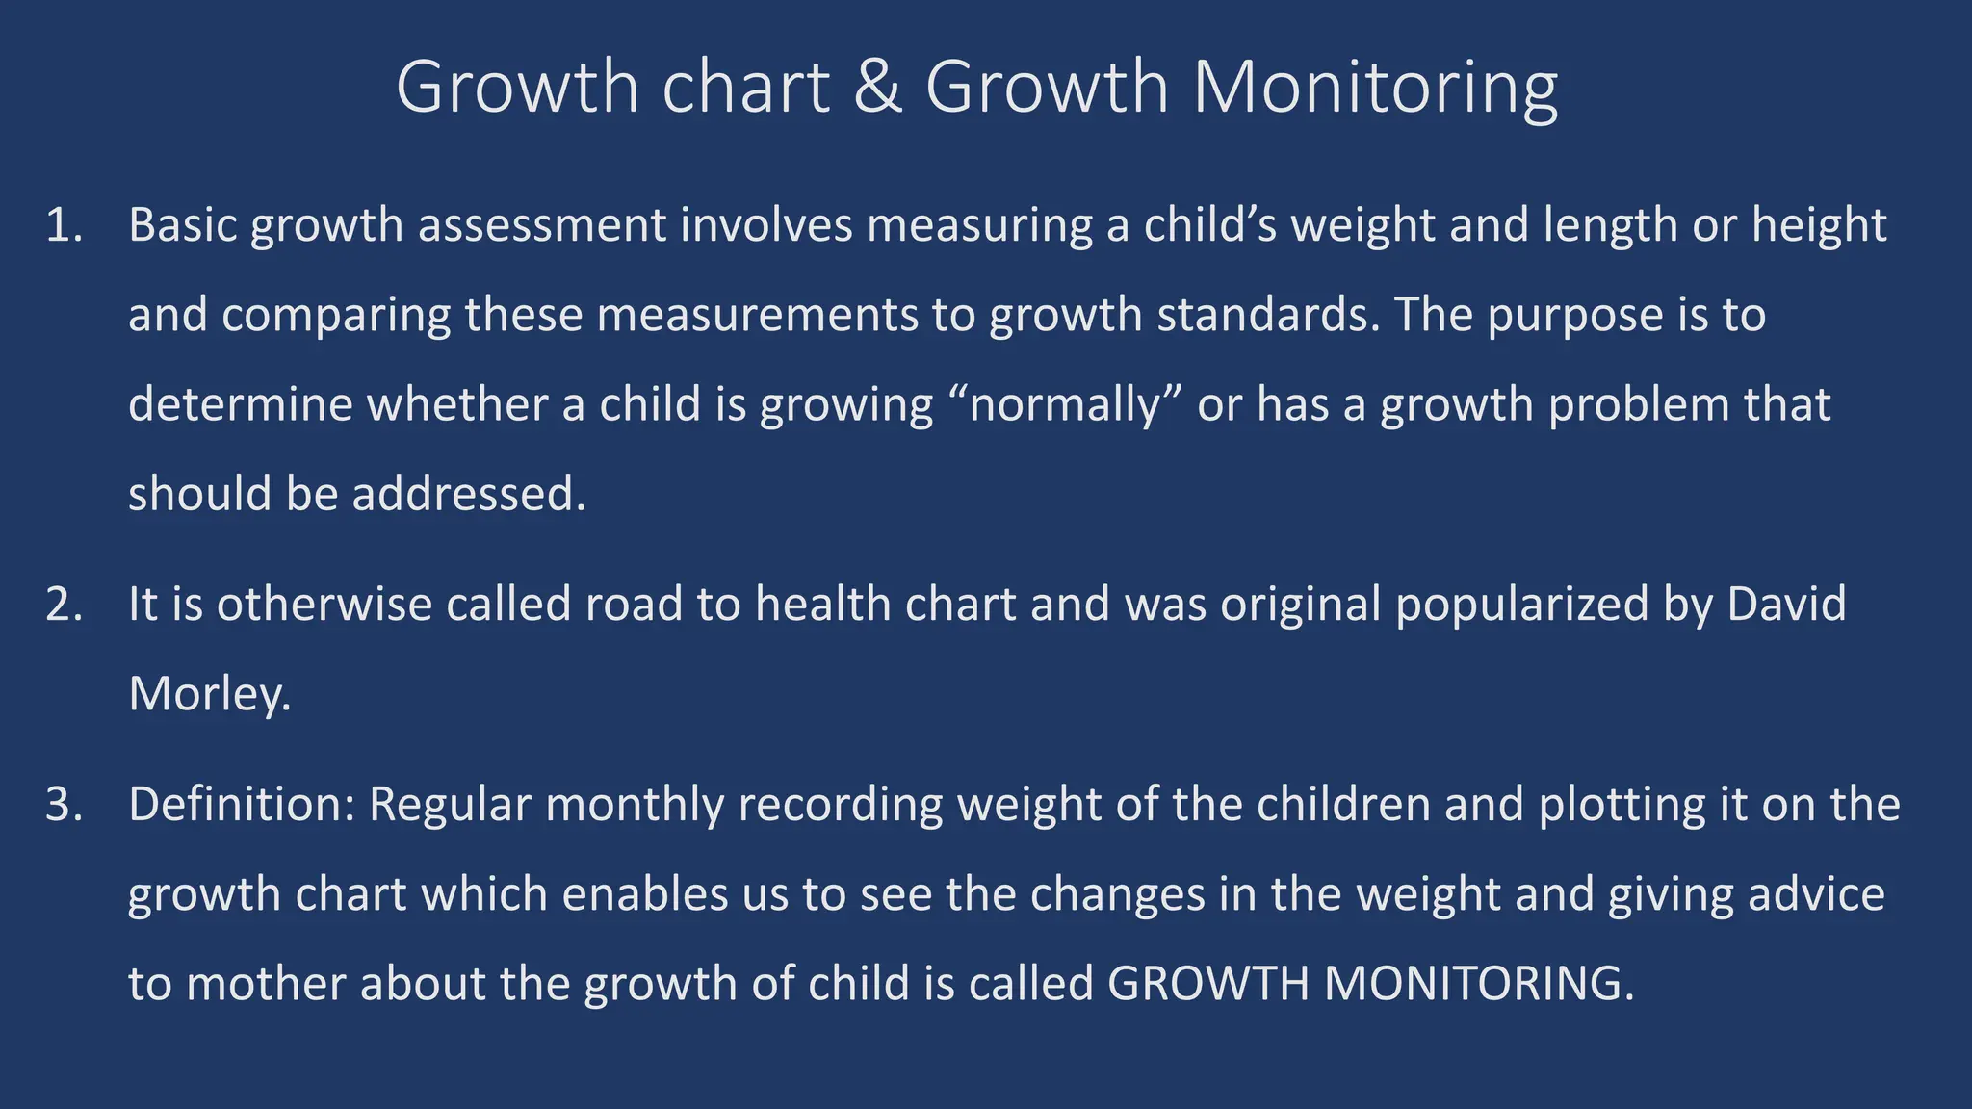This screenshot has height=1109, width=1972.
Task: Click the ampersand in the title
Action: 877,88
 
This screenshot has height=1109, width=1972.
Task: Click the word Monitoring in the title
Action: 1375,88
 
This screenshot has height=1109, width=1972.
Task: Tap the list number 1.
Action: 64,225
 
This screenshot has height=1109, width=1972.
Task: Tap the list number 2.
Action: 64,605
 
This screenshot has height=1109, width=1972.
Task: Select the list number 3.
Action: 64,805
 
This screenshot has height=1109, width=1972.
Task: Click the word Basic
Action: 183,225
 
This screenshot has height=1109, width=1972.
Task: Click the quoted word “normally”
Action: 1065,404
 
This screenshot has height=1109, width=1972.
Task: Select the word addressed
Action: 468,494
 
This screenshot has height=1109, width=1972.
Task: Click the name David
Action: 1787,605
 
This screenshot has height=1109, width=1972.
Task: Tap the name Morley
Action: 209,694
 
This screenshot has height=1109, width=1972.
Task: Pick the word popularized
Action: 1521,605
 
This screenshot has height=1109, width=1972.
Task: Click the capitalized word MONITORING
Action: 1479,984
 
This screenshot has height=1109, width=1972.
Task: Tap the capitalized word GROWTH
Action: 1208,984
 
